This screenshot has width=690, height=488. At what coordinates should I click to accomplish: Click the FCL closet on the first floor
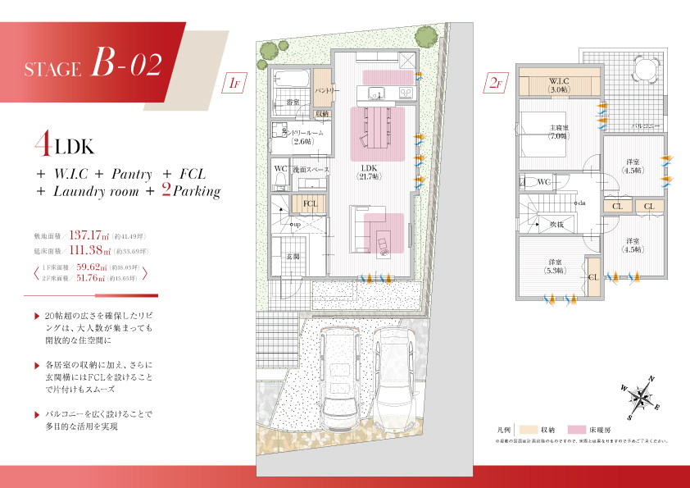pos(311,203)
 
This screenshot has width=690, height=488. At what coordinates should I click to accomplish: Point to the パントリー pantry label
pos(322,89)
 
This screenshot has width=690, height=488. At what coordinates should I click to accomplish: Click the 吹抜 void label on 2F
pos(556,223)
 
